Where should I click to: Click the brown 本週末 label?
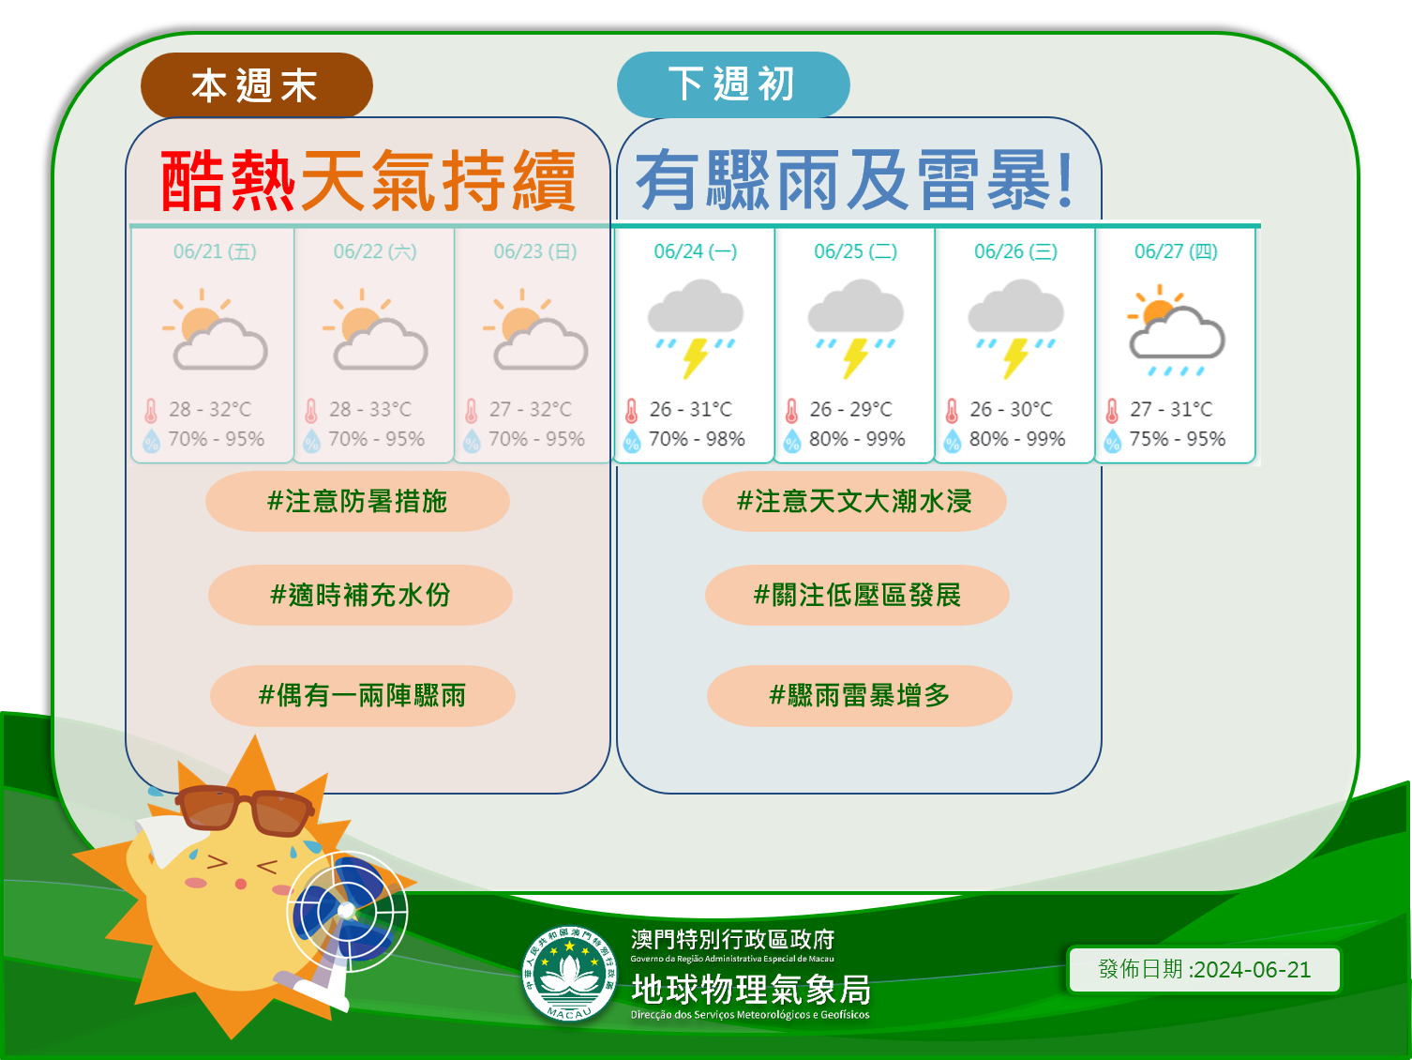[257, 85]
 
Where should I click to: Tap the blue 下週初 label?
[733, 84]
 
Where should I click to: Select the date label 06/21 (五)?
[215, 251]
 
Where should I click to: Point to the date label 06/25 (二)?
[856, 251]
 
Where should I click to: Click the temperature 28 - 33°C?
[370, 409]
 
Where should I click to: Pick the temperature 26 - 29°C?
[850, 409]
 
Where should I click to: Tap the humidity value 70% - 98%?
[697, 439]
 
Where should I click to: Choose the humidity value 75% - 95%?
[1178, 439]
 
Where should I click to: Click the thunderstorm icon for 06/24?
[696, 328]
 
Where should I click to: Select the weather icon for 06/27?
[1176, 330]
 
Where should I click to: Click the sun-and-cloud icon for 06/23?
[535, 329]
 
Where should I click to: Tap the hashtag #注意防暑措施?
[357, 501]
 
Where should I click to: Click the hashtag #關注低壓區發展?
[857, 596]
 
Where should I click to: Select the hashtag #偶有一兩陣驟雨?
[362, 696]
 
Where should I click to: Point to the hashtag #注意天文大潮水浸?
[854, 501]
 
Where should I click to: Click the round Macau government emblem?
[569, 974]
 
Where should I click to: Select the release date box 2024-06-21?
[1204, 969]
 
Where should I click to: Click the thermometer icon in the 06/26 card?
[952, 411]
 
